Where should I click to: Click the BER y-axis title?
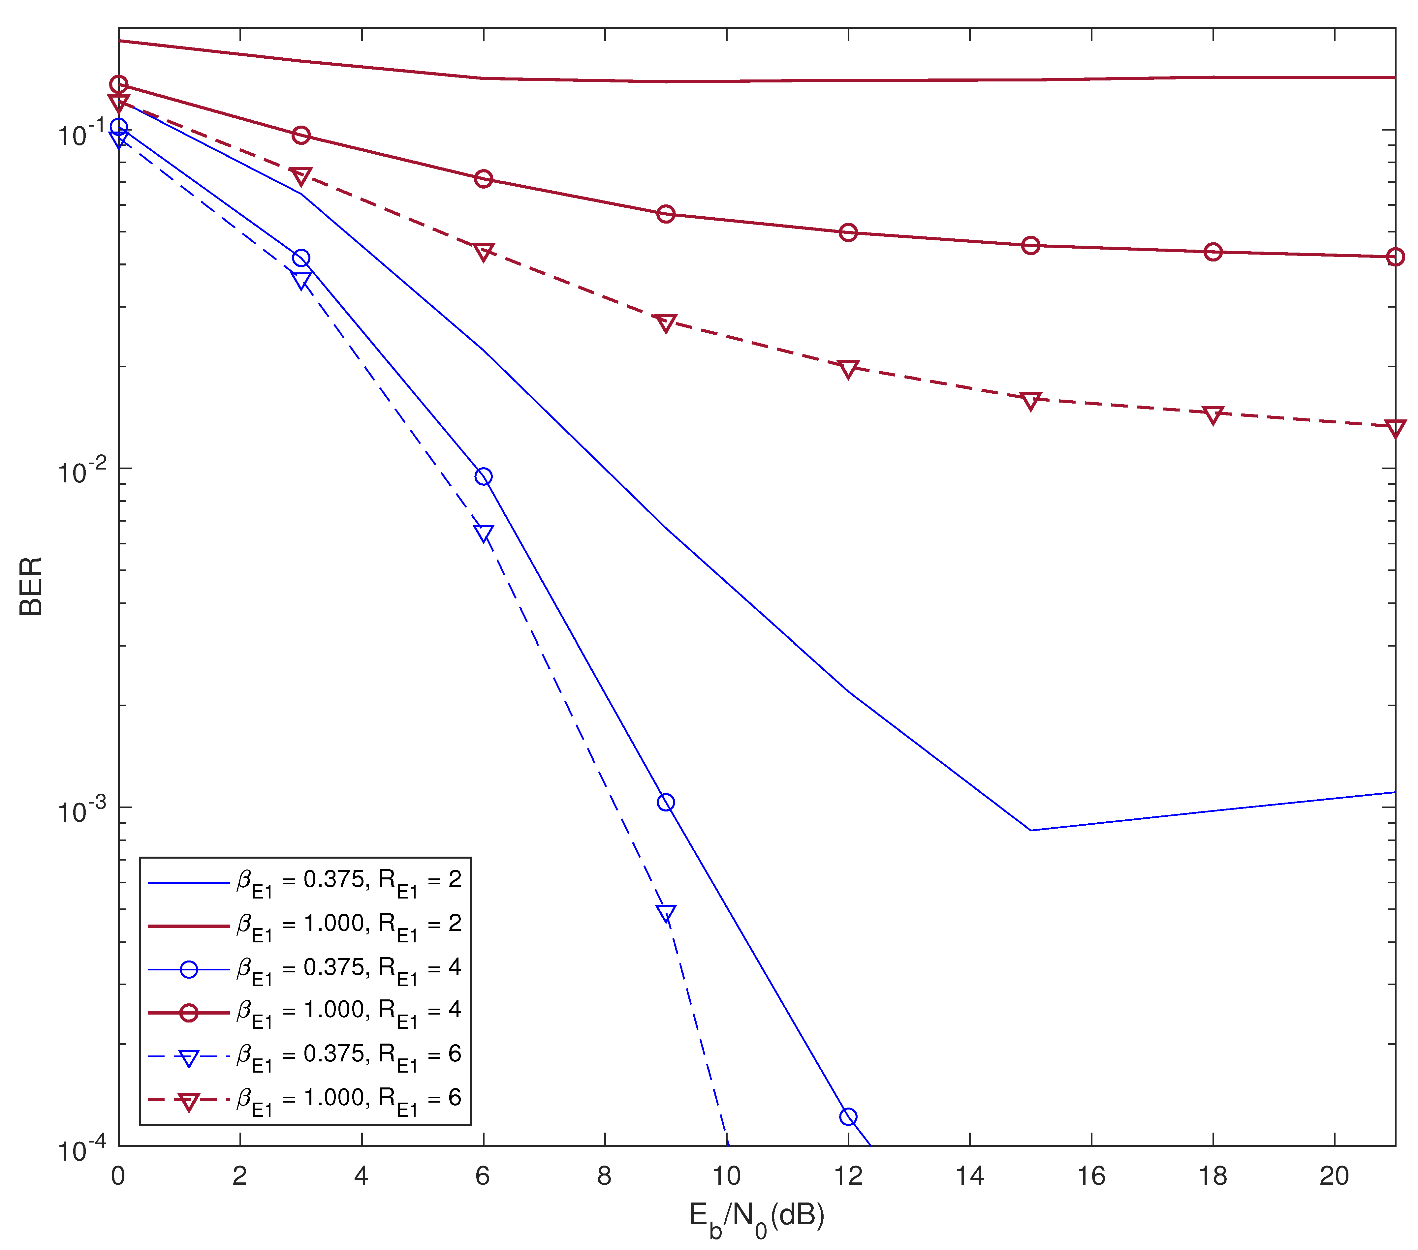31,586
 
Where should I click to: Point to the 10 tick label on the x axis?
726,1176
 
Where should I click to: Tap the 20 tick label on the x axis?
1334,1176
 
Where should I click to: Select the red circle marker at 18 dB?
1213,252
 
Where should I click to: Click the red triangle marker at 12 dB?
848,368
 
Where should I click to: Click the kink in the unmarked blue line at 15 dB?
1031,830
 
